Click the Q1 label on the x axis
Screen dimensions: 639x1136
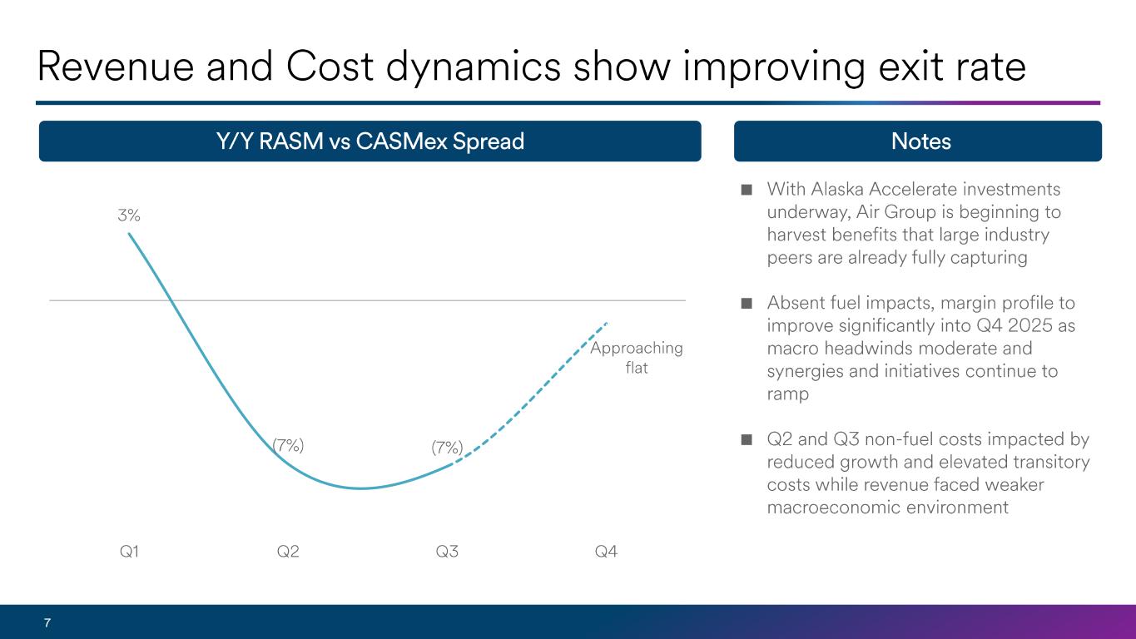[129, 551]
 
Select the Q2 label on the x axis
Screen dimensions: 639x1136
[288, 551]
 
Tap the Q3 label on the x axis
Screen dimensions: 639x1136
[448, 551]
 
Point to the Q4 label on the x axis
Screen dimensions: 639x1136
[607, 551]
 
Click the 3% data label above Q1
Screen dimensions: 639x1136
[128, 215]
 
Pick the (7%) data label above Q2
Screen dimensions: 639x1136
[288, 445]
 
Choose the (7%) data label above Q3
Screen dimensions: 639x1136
[447, 448]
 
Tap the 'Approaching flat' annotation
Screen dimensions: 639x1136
[637, 357]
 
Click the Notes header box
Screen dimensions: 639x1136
[918, 141]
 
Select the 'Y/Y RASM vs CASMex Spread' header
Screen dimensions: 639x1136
[370, 141]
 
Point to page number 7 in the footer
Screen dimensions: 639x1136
[47, 622]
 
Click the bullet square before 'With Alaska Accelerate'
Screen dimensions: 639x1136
[747, 190]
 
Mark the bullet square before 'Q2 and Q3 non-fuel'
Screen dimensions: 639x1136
[747, 439]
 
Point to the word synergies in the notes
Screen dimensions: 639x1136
[804, 371]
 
